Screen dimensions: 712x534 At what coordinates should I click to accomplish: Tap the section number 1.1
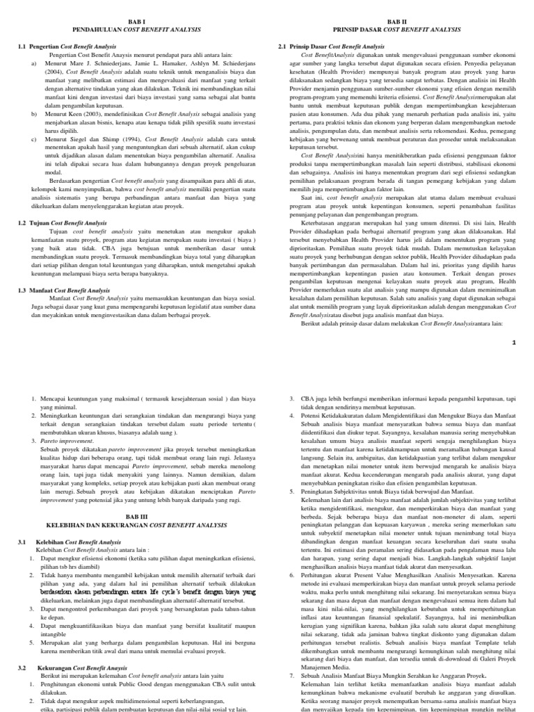(x=22, y=45)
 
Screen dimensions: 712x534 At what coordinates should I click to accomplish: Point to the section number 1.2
(x=22, y=222)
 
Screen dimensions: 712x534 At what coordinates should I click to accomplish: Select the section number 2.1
(x=282, y=45)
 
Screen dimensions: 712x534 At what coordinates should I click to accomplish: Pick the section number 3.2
(x=22, y=667)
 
